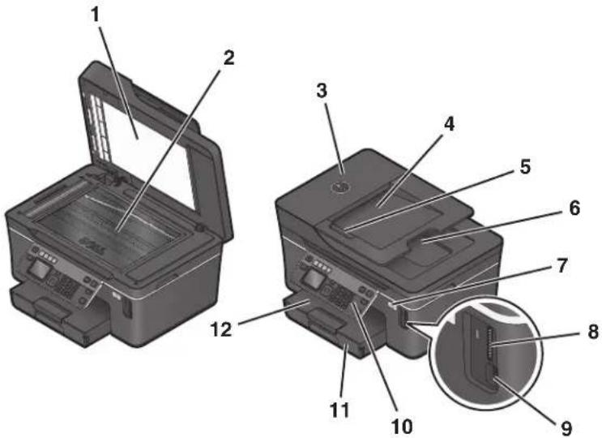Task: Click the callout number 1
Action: [x=95, y=15]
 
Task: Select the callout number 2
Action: [x=228, y=58]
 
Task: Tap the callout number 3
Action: [x=322, y=90]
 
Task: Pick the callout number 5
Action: [x=525, y=166]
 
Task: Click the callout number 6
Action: [x=574, y=208]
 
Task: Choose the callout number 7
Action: [x=561, y=265]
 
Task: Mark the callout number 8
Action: [x=592, y=331]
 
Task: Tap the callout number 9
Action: [x=566, y=427]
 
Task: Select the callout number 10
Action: [x=402, y=425]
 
